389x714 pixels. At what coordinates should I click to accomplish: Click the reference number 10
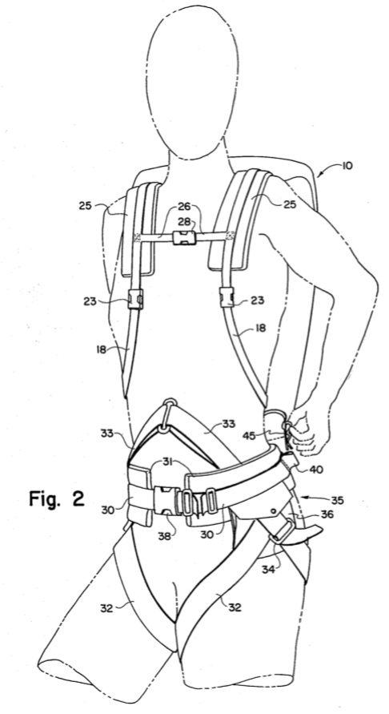tap(347, 165)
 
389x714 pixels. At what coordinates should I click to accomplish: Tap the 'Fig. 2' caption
tap(57, 498)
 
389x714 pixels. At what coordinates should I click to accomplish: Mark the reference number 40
tap(316, 469)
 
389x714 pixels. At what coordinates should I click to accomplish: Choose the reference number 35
tap(337, 501)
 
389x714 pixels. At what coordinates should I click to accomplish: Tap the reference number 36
tap(327, 514)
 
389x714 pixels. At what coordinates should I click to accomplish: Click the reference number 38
tap(164, 536)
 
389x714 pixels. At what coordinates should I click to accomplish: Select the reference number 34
tap(268, 569)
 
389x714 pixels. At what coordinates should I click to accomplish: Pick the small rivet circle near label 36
tap(275, 511)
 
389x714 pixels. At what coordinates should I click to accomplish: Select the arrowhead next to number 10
tap(321, 173)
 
